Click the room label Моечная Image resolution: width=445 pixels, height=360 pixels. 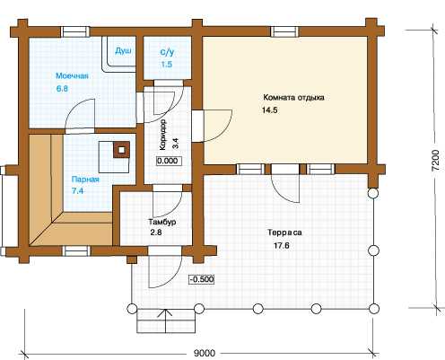click(72, 75)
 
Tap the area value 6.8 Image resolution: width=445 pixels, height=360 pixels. click(62, 89)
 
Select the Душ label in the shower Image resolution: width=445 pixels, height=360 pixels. click(123, 51)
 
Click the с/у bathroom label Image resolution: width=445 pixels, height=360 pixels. click(167, 52)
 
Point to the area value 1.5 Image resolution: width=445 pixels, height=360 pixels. click(167, 65)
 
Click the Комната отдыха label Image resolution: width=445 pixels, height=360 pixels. click(293, 98)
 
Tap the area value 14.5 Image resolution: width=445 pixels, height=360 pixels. click(270, 110)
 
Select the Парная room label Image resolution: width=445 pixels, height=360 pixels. click(85, 180)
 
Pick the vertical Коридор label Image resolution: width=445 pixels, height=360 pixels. click(163, 135)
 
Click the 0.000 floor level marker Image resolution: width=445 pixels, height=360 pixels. click(168, 161)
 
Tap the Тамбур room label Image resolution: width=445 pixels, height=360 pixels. click(162, 222)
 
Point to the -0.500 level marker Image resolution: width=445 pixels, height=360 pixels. click(202, 279)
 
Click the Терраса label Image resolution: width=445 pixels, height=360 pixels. click(284, 233)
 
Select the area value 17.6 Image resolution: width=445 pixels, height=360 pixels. click(282, 246)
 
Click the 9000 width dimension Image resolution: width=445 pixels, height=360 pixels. click(205, 353)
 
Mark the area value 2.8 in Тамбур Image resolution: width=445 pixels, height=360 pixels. click(156, 232)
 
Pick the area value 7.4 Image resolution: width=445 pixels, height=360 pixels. click(77, 191)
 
